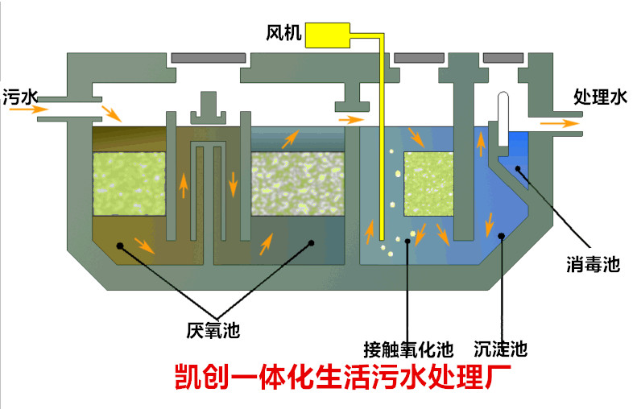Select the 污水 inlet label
[19, 97]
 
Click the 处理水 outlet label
[599, 97]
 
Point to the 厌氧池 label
[213, 329]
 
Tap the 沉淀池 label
[500, 349]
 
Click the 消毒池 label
[592, 264]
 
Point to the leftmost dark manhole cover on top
[208, 58]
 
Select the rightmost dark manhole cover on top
[503, 58]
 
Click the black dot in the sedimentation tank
[501, 237]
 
